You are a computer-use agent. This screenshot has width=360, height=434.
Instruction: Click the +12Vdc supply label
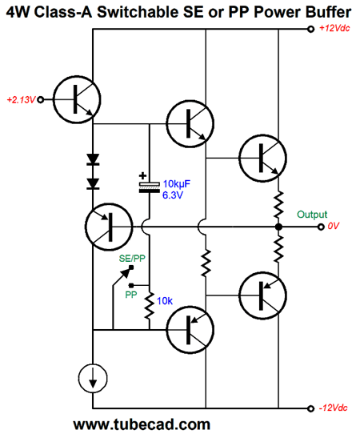[334, 28]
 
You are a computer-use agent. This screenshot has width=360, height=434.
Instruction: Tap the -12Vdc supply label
[333, 408]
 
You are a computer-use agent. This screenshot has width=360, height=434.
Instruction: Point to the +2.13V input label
[22, 99]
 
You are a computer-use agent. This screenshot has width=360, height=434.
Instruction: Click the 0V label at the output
[333, 226]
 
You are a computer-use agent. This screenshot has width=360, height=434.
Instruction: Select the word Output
[312, 215]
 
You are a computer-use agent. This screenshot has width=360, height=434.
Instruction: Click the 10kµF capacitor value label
[177, 184]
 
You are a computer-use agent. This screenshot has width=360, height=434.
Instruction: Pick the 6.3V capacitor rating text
[173, 195]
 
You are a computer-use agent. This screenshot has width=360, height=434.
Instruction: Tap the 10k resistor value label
[165, 301]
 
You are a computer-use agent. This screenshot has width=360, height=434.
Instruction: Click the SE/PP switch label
[132, 259]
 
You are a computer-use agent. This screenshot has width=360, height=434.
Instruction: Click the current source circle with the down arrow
[93, 379]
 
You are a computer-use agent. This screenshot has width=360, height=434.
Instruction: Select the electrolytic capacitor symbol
[150, 187]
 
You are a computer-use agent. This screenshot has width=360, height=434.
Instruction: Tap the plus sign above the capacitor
[142, 175]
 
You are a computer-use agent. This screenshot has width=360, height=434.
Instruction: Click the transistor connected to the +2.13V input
[77, 99]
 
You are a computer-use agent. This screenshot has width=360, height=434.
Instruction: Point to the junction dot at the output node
[278, 227]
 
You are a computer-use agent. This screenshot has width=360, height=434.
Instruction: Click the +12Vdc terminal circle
[310, 29]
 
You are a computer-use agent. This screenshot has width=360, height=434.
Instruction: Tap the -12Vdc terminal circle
[310, 408]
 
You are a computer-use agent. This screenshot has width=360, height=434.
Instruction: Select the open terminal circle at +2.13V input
[41, 99]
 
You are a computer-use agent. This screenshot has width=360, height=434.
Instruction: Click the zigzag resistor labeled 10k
[150, 306]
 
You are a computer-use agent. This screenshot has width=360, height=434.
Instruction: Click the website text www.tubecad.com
[142, 424]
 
